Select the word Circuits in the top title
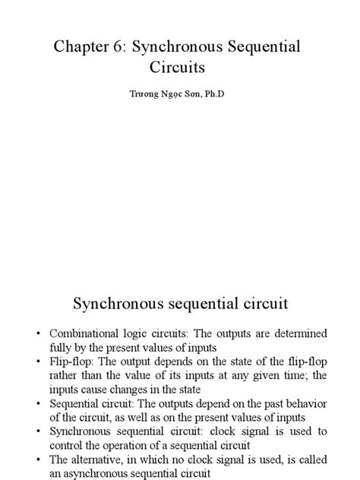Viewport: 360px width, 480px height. (x=178, y=67)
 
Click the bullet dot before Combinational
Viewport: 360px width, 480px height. (x=37, y=334)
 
